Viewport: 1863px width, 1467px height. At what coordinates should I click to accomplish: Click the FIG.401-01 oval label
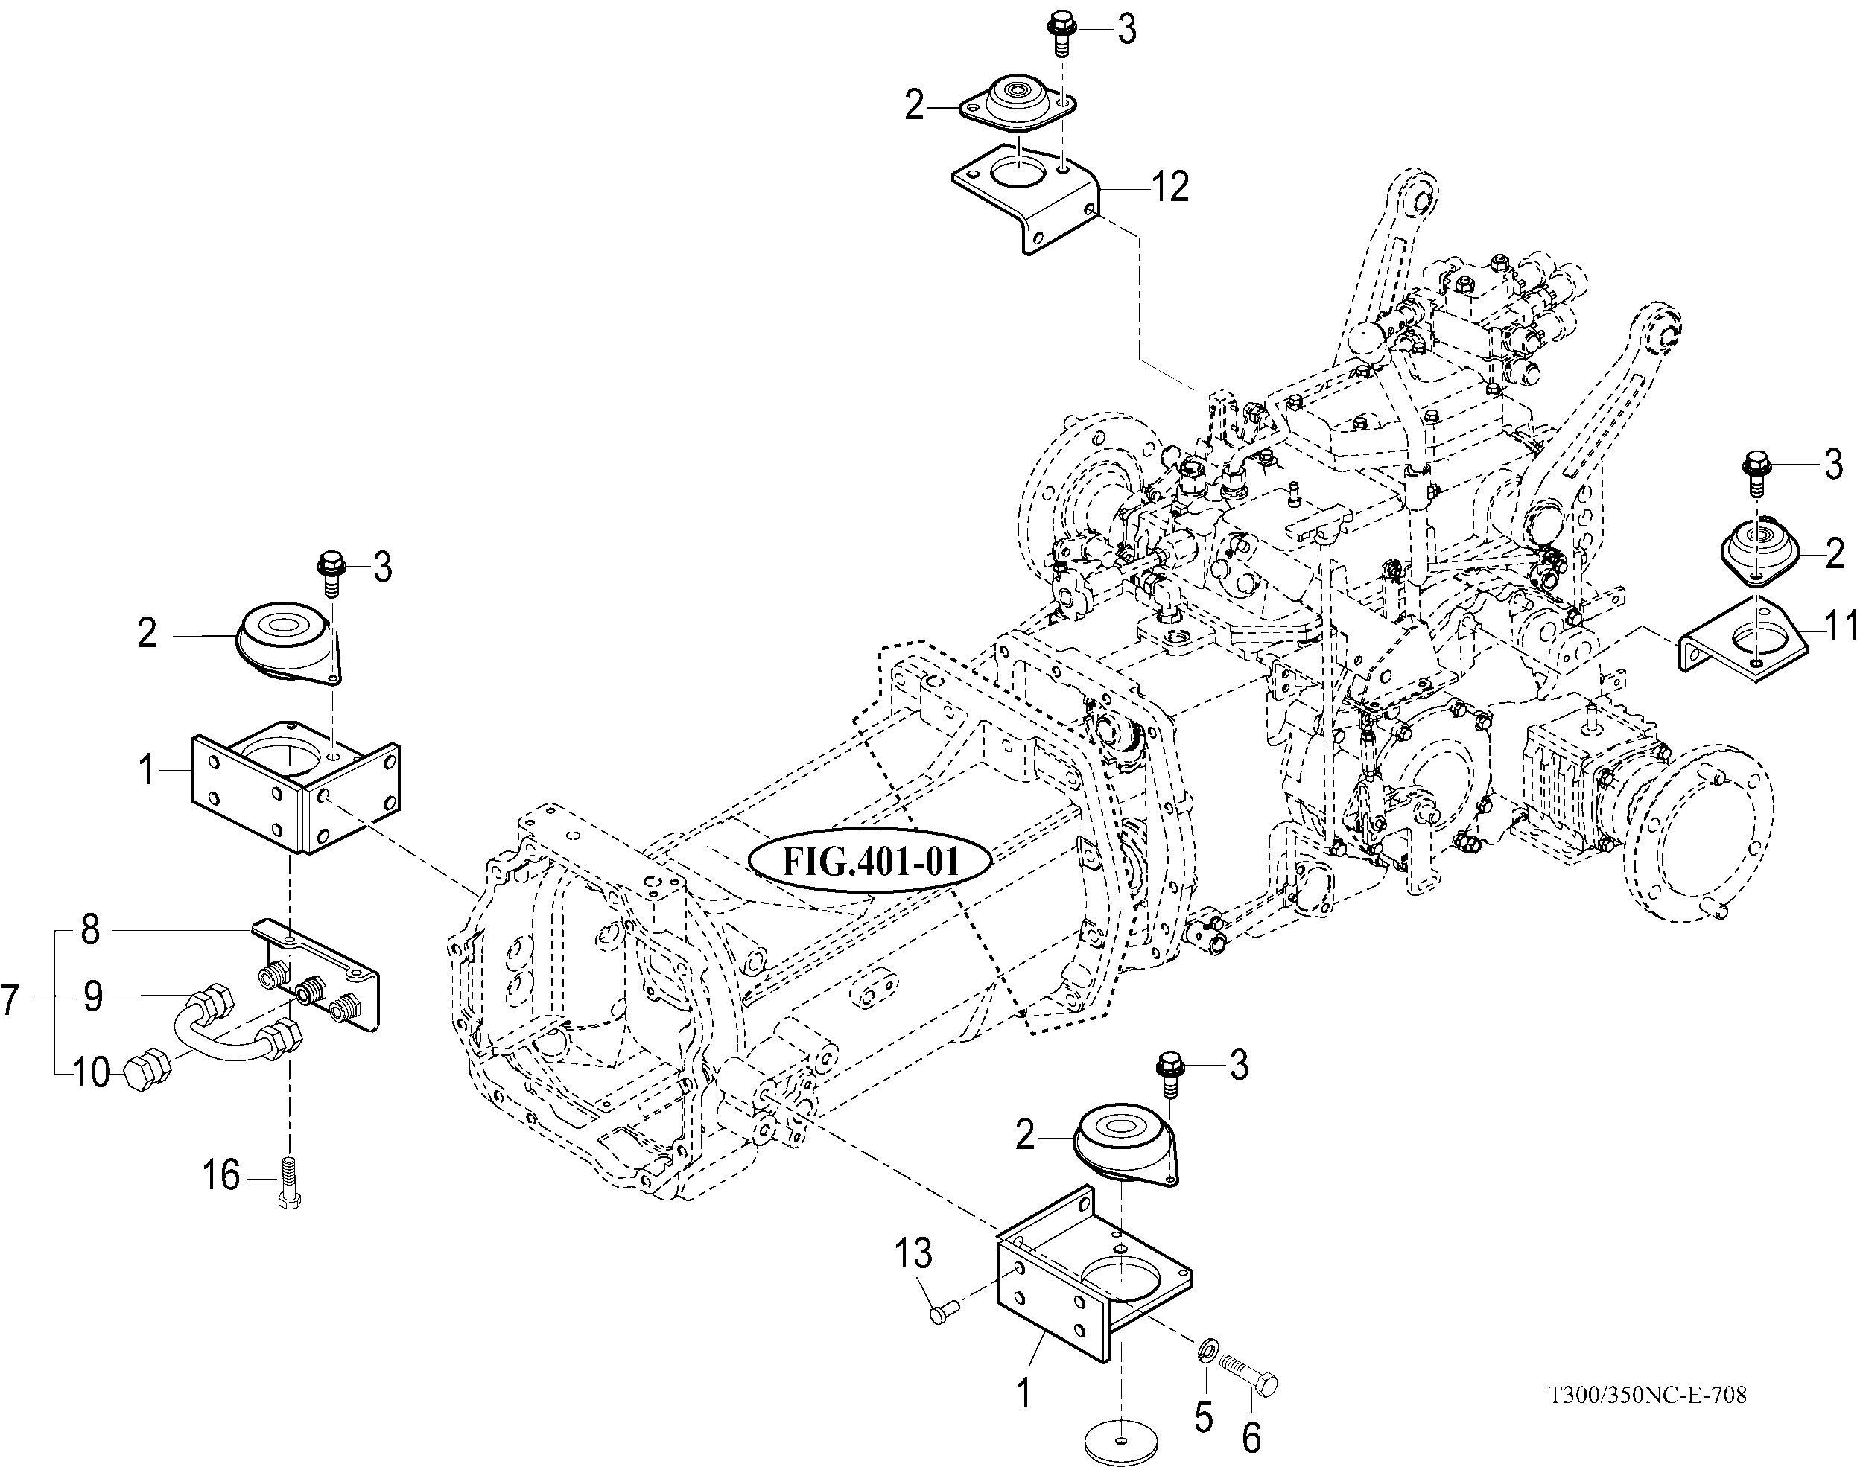click(870, 861)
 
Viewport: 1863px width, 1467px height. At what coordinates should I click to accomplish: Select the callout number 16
click(220, 1175)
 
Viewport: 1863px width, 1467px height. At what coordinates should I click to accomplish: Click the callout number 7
click(10, 1001)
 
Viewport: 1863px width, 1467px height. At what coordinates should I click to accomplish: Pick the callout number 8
click(89, 930)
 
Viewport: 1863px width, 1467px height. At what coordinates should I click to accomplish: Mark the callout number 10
click(91, 1072)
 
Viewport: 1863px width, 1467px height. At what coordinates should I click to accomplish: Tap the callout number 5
click(1203, 1417)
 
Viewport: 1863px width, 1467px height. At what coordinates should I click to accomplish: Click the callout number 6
click(1251, 1437)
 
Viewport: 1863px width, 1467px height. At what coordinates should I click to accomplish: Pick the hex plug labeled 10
click(142, 1072)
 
